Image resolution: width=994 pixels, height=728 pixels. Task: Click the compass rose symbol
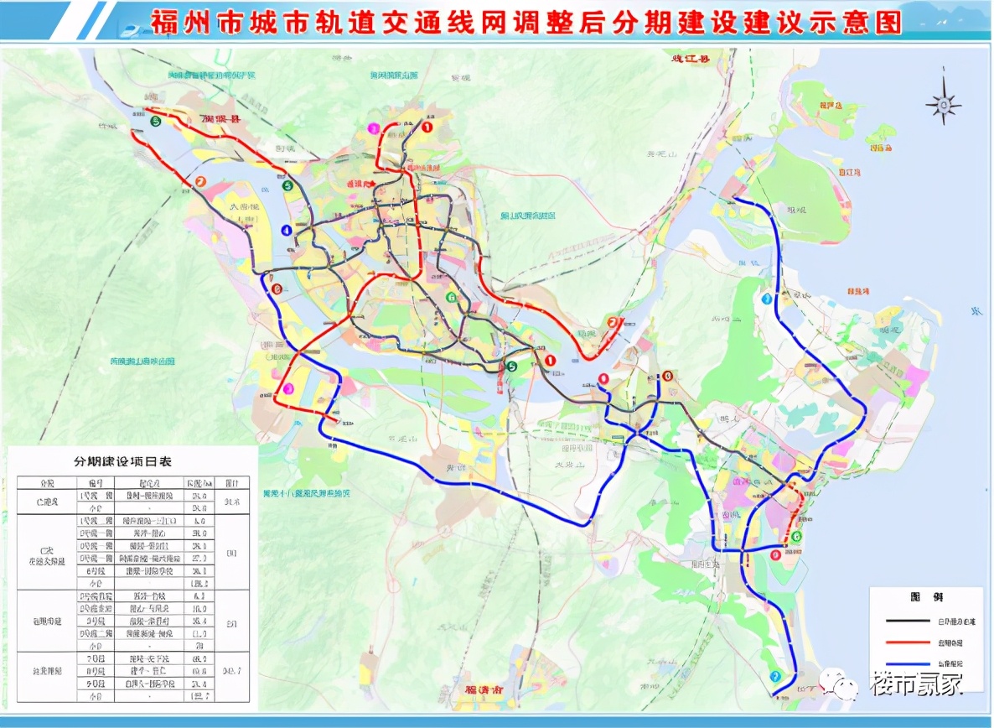point(943,103)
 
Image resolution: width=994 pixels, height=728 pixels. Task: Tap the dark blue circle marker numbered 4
point(287,231)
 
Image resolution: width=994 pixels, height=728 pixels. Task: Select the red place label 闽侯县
point(220,120)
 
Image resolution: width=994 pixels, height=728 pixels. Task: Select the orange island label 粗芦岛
point(830,106)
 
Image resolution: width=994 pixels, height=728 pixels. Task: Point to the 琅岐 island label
point(802,202)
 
